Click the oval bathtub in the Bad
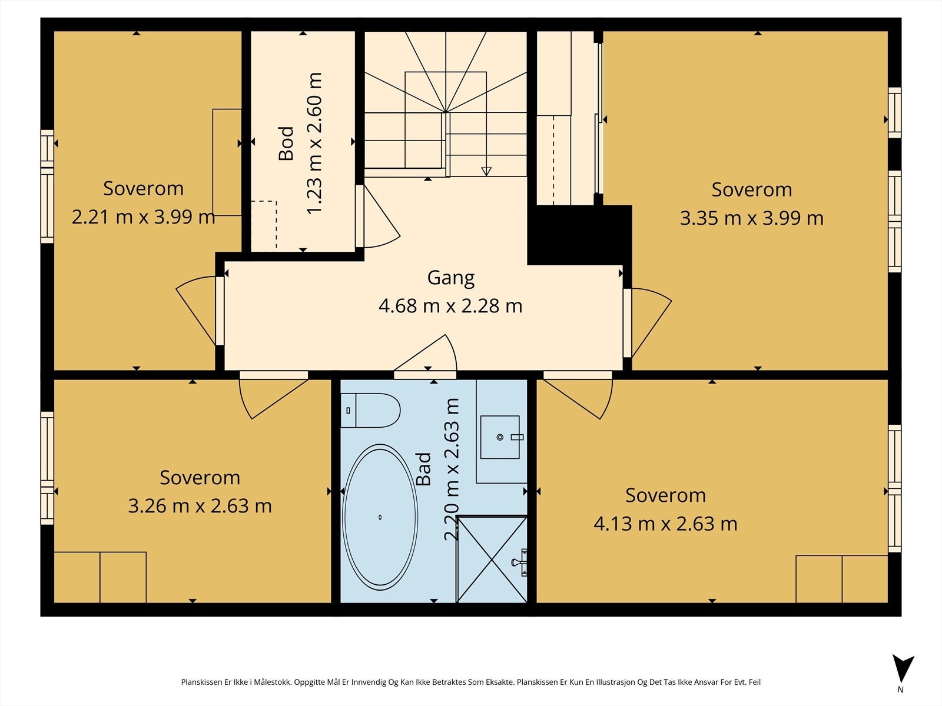pyautogui.click(x=380, y=517)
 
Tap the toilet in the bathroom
pyautogui.click(x=370, y=410)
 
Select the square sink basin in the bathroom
pyautogui.click(x=500, y=437)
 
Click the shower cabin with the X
pyautogui.click(x=492, y=559)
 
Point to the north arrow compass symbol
pyautogui.click(x=903, y=672)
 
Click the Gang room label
pyautogui.click(x=450, y=278)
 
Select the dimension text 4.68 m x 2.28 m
pyautogui.click(x=450, y=306)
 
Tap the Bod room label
pyautogui.click(x=286, y=143)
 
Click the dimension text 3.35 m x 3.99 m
pyautogui.click(x=752, y=218)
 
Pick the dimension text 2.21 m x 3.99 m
pyautogui.click(x=143, y=217)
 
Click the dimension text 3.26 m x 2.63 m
pyautogui.click(x=200, y=506)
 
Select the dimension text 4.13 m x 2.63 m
pyautogui.click(x=666, y=524)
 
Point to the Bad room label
pyautogui.click(x=423, y=469)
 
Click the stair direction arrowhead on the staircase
pyautogui.click(x=486, y=171)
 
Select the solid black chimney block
pyautogui.click(x=579, y=235)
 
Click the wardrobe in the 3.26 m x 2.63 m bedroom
pyautogui.click(x=100, y=577)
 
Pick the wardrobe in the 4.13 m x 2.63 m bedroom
pyautogui.click(x=842, y=579)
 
